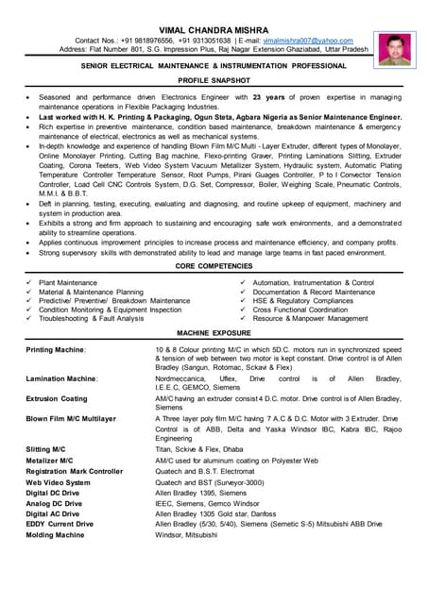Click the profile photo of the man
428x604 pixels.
click(x=390, y=49)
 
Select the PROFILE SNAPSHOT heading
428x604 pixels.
click(x=214, y=82)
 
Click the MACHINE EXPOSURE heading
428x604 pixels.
click(x=214, y=333)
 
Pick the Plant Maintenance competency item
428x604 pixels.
click(x=68, y=283)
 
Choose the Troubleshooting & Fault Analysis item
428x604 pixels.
click(x=92, y=318)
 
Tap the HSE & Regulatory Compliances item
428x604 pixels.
click(x=301, y=301)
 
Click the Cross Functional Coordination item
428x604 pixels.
click(x=300, y=310)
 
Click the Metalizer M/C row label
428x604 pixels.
click(x=50, y=461)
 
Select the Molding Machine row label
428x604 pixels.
click(x=56, y=534)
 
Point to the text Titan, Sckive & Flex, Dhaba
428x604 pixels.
click(x=201, y=450)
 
